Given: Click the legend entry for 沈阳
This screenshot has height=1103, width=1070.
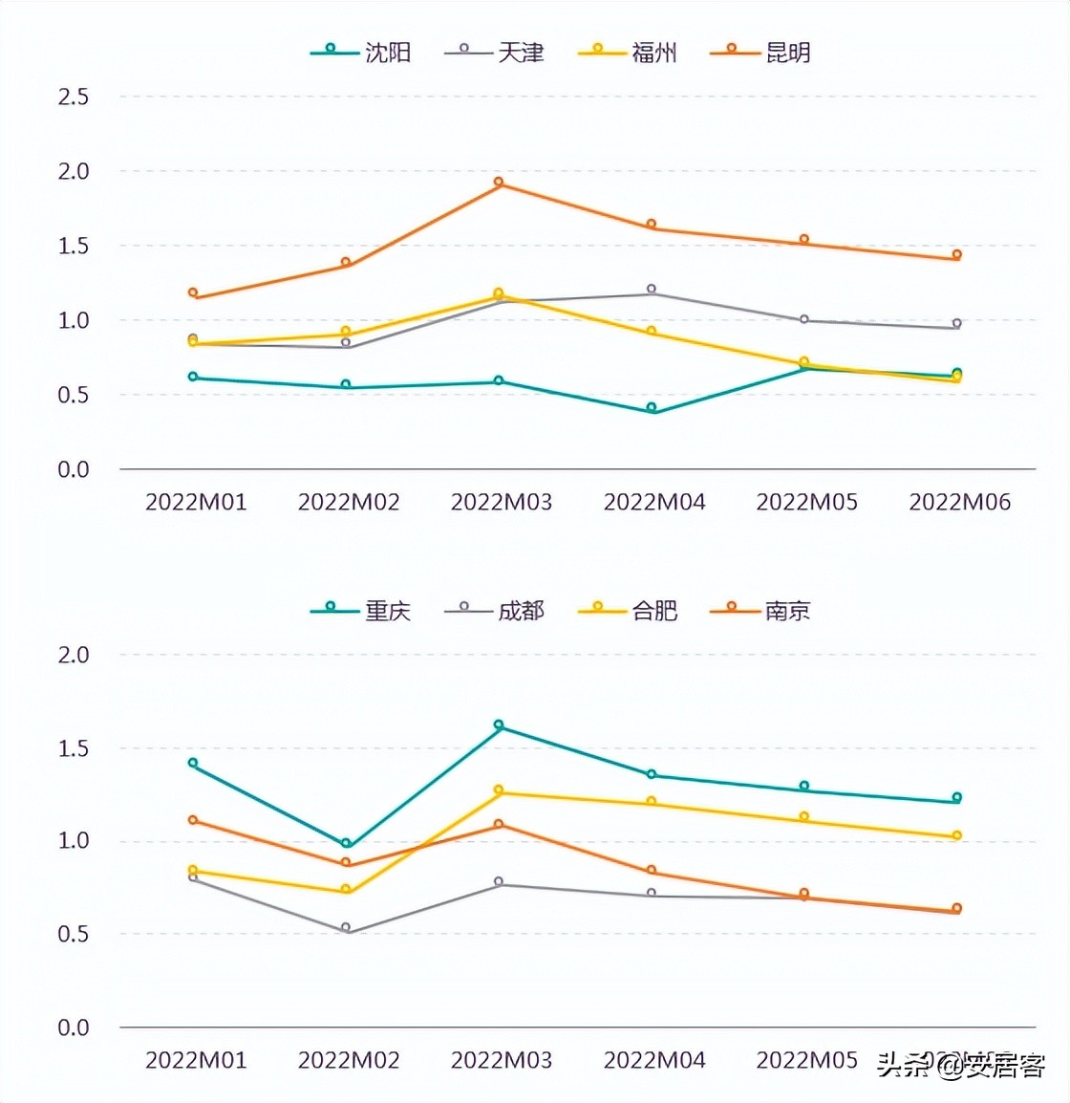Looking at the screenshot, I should [362, 52].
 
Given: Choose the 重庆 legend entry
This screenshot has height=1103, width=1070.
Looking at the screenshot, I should [362, 610].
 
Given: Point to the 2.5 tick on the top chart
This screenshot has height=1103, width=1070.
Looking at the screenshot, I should [73, 97].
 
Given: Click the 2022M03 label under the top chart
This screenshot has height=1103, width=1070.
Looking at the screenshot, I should [501, 502].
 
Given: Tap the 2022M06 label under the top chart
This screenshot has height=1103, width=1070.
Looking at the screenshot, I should [959, 502].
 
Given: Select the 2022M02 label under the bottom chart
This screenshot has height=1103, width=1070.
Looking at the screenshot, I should [348, 1060].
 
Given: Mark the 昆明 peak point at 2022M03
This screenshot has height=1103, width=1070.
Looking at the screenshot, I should [499, 182].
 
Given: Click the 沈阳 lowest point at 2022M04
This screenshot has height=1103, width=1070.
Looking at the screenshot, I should [652, 408].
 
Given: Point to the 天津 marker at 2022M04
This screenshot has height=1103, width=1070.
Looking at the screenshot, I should [652, 289].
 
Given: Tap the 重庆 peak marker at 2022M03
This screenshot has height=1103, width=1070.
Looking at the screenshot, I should [499, 725].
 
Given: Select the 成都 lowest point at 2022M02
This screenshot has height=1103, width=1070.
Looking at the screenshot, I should [346, 928].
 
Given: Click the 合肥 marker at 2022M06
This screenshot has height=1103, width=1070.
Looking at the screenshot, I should [957, 836].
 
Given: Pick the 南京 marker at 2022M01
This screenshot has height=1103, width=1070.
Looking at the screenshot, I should [193, 820].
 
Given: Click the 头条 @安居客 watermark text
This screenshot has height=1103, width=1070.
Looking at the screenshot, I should [961, 1065].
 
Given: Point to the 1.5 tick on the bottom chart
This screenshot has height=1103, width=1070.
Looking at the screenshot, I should [73, 748].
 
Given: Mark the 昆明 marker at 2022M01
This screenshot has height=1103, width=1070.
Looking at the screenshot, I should [193, 293].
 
